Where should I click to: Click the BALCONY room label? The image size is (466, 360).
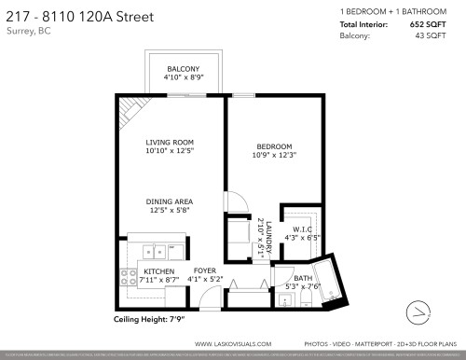pos(183,70)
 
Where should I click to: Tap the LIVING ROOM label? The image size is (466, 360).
pos(169,143)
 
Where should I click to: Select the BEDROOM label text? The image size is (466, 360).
pos(275,146)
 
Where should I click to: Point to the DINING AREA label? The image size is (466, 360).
pos(169,201)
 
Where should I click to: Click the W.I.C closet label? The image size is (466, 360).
pos(302,229)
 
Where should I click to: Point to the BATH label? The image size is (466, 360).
pos(303,278)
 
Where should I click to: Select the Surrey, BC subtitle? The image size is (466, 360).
pos(29,31)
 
